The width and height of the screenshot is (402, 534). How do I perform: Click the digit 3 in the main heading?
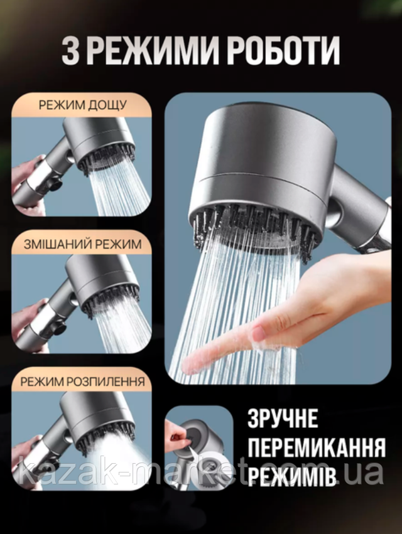(x=70, y=51)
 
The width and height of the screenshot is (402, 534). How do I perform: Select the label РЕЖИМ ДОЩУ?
(x=82, y=105)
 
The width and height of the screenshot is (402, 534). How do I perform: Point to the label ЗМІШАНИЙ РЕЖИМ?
(x=82, y=244)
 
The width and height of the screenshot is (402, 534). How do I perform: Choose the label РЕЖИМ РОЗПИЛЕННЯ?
(x=82, y=382)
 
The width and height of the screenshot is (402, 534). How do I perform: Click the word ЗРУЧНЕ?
(x=283, y=419)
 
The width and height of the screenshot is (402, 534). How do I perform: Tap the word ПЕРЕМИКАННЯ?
(x=317, y=447)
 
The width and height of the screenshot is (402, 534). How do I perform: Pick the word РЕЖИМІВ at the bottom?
(x=291, y=476)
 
